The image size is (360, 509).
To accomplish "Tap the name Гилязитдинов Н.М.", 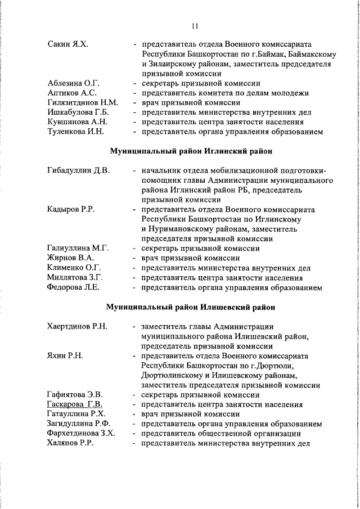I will [x=83, y=102].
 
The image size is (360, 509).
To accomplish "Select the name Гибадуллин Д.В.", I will [x=78, y=170].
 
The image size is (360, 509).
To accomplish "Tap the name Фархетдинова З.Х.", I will [x=81, y=433].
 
